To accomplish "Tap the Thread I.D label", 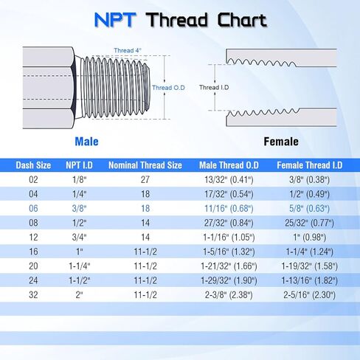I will pos(210,87).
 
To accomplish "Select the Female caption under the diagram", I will pos(281,141).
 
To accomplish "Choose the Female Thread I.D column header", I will pos(308,165).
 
